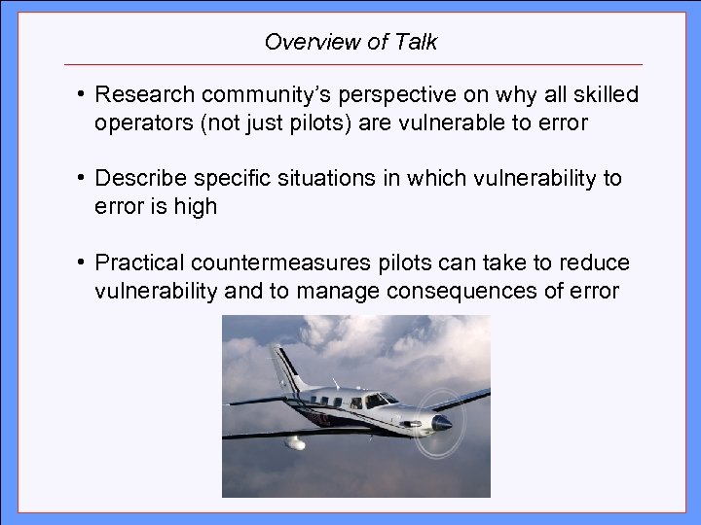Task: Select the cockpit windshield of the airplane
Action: tap(382, 399)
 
